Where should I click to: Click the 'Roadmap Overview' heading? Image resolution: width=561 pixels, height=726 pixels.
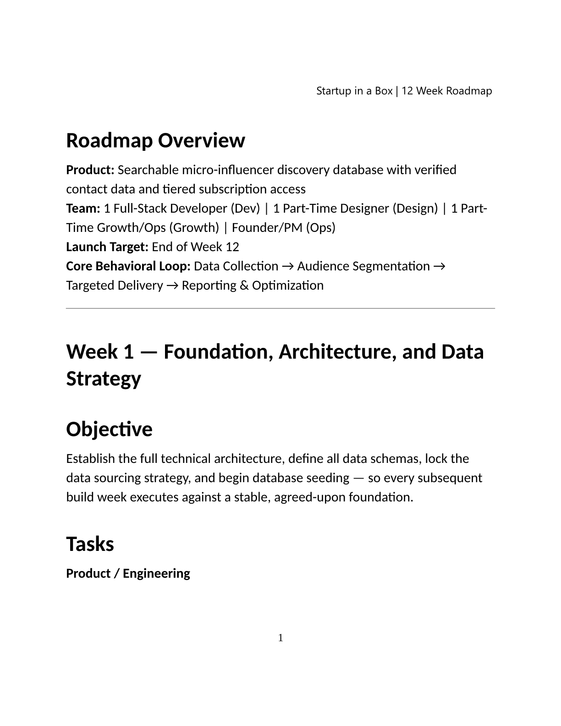[x=155, y=140]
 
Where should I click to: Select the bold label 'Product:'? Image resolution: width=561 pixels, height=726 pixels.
[x=90, y=170]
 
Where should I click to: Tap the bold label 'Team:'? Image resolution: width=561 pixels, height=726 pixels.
[x=83, y=209]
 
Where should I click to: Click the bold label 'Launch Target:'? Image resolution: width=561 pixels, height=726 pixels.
[x=107, y=247]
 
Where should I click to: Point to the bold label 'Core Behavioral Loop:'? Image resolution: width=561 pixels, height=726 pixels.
[x=128, y=266]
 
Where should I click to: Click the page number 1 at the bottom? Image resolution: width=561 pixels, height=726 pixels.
[x=280, y=638]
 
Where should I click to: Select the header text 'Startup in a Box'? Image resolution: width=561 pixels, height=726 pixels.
[x=354, y=91]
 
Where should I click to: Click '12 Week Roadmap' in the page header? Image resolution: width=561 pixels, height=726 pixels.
[x=447, y=91]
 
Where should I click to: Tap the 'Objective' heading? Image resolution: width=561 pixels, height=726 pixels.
[x=109, y=429]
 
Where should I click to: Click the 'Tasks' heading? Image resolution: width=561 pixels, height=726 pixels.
[x=90, y=544]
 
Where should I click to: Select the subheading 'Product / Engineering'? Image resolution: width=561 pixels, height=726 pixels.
[x=128, y=573]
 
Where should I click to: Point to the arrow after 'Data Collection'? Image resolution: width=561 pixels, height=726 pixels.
[x=287, y=266]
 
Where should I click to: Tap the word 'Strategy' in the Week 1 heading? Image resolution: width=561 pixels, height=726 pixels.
[x=104, y=379]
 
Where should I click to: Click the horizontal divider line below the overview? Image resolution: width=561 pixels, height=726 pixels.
[x=280, y=308]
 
